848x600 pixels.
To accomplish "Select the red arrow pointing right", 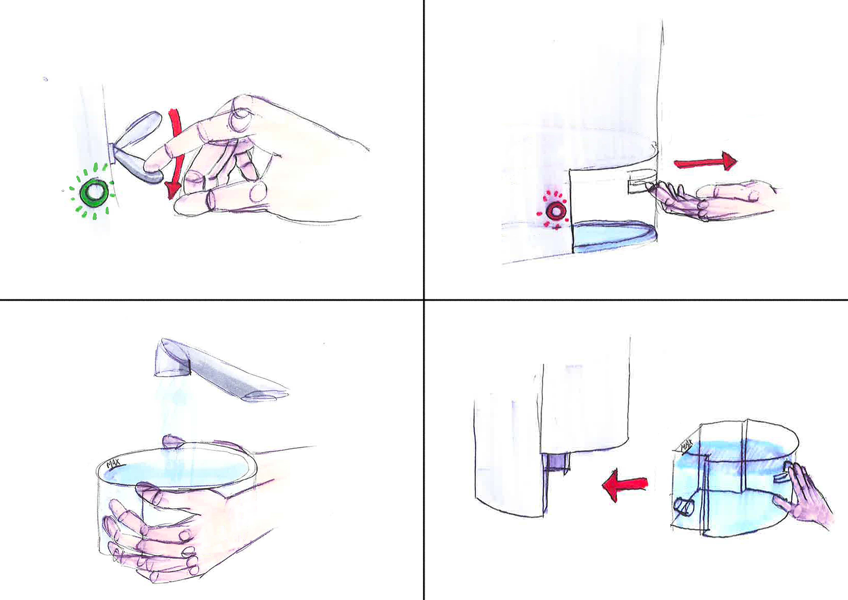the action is coord(706,162).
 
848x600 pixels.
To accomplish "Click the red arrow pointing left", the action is coord(625,485).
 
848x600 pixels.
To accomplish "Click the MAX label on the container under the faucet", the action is coord(114,463).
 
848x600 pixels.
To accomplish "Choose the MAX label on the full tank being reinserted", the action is coord(686,446).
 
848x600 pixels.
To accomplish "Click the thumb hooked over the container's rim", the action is coord(174,441).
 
